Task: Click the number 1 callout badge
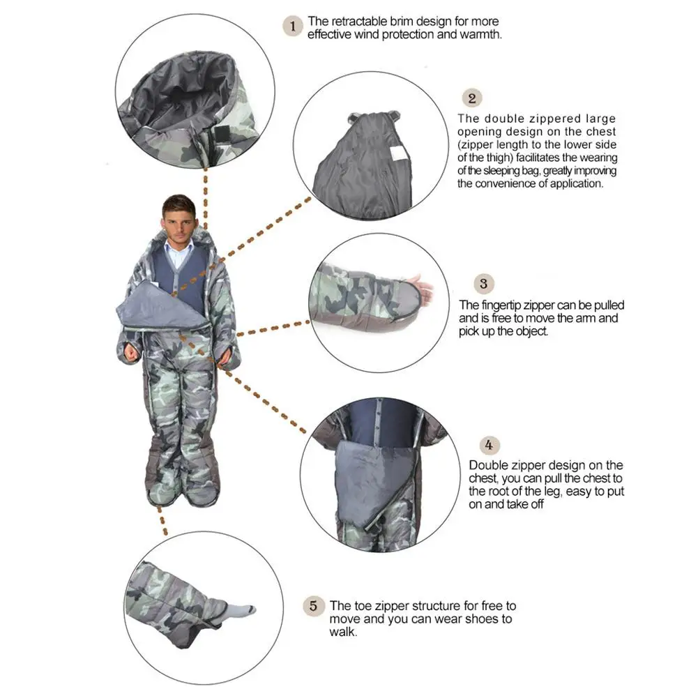click(292, 27)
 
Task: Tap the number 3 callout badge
click(483, 284)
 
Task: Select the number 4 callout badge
click(490, 445)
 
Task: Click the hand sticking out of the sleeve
click(422, 287)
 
